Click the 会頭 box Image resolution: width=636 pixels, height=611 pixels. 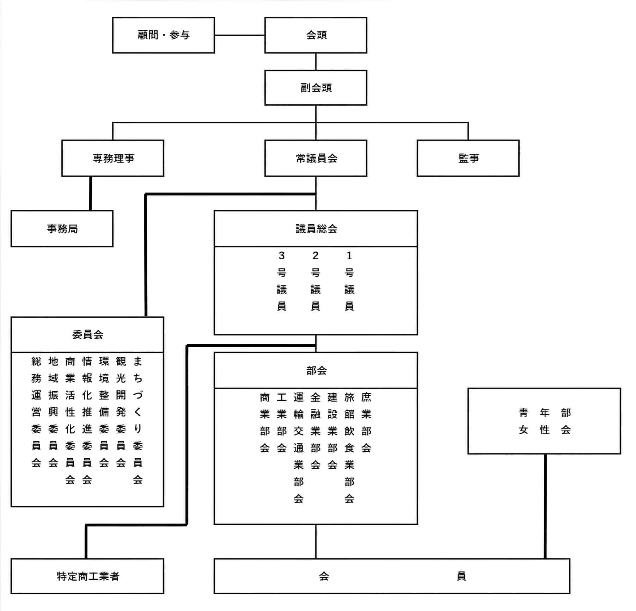click(x=316, y=35)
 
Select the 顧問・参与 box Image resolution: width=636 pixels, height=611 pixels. click(x=164, y=35)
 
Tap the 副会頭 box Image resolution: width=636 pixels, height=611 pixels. click(x=316, y=88)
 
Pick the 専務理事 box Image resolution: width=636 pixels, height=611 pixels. click(x=113, y=158)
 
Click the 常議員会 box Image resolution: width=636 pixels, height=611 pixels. click(x=316, y=158)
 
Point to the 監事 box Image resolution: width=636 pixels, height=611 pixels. click(x=468, y=158)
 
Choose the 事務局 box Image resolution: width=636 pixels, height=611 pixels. click(x=62, y=229)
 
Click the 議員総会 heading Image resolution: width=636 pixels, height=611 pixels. click(x=316, y=229)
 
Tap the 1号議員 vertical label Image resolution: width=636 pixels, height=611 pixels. click(x=349, y=281)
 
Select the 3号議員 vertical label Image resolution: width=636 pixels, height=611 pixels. click(x=281, y=281)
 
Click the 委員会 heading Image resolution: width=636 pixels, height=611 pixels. click(x=87, y=334)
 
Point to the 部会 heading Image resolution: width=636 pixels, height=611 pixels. click(x=316, y=370)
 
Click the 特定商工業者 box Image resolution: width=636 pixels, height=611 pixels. click(x=87, y=576)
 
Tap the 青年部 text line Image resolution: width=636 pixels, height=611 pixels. click(x=545, y=413)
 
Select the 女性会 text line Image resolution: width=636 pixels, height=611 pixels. click(x=545, y=430)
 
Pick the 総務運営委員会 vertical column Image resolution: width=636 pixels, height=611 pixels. click(x=36, y=412)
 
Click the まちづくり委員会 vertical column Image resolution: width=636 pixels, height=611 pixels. click(x=138, y=420)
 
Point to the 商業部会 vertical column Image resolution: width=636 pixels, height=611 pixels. click(x=265, y=422)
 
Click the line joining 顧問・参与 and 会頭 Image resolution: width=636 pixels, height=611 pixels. click(x=240, y=35)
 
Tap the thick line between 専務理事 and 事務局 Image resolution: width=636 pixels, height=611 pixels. click(x=90, y=193)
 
